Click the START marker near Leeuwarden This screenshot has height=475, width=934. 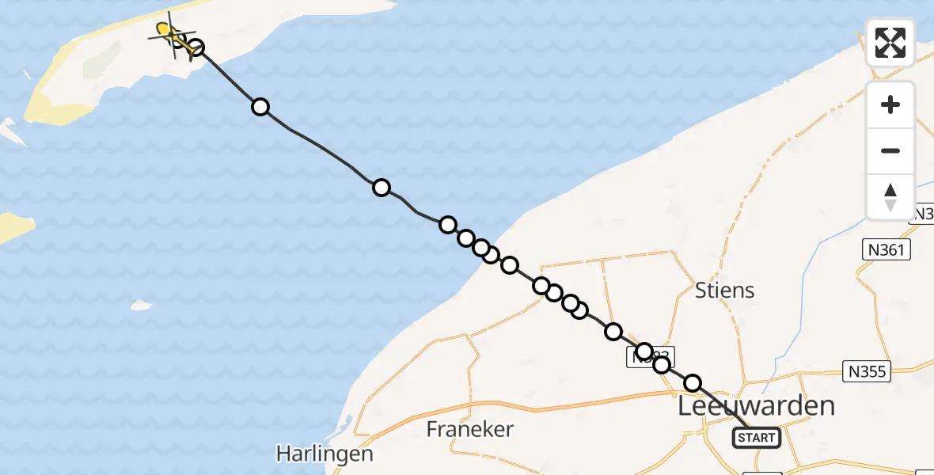point(757,437)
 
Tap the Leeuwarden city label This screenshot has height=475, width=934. point(757,407)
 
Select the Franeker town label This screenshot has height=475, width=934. point(470,430)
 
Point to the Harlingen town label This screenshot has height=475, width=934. point(325,454)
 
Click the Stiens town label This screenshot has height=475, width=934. point(724,291)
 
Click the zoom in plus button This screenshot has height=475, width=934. point(890,104)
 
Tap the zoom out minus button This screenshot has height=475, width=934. point(890,150)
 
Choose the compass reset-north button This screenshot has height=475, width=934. point(890,196)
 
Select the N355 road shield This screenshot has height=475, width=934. point(868,370)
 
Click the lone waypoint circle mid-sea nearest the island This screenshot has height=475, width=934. point(260,107)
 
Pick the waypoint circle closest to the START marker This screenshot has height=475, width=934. point(693,383)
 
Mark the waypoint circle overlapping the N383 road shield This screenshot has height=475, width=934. point(644,351)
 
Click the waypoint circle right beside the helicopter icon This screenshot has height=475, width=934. point(196,48)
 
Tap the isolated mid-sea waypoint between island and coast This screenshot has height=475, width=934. point(382,188)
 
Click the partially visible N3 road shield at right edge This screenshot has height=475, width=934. point(924,214)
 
